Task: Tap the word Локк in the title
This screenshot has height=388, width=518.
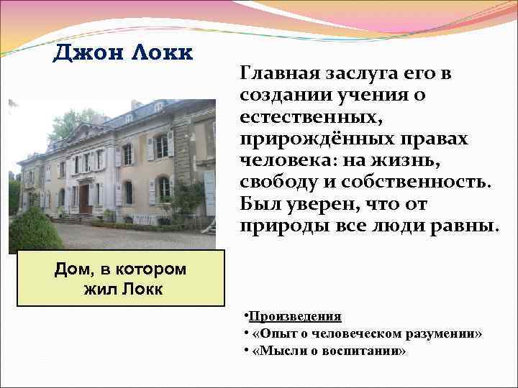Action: coord(160,52)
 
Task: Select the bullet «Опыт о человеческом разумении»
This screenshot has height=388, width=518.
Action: coord(367,334)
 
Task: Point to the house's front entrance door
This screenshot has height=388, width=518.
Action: coord(83,198)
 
